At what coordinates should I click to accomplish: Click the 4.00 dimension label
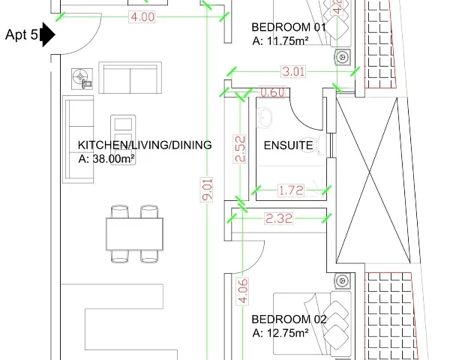(142, 17)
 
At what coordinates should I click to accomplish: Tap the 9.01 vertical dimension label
(207, 190)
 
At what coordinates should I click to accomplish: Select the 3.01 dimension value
(293, 71)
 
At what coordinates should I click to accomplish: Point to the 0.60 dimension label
(272, 92)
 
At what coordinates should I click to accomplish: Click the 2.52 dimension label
(240, 148)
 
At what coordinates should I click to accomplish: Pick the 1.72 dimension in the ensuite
(291, 190)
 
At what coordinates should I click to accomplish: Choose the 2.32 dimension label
(279, 219)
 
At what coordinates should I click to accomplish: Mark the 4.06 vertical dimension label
(242, 291)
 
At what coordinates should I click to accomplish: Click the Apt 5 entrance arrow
(48, 34)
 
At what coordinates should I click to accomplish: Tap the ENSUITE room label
(289, 145)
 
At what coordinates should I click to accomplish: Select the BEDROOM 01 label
(289, 27)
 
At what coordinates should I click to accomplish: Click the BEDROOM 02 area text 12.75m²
(288, 333)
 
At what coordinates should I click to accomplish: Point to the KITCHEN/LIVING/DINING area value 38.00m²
(114, 159)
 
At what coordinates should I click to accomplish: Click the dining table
(134, 234)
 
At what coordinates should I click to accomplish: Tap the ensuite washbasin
(264, 118)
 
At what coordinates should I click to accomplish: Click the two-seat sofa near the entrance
(130, 77)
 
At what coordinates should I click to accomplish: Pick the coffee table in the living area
(123, 139)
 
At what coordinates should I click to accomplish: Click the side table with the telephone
(82, 79)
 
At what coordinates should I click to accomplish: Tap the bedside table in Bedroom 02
(343, 280)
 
